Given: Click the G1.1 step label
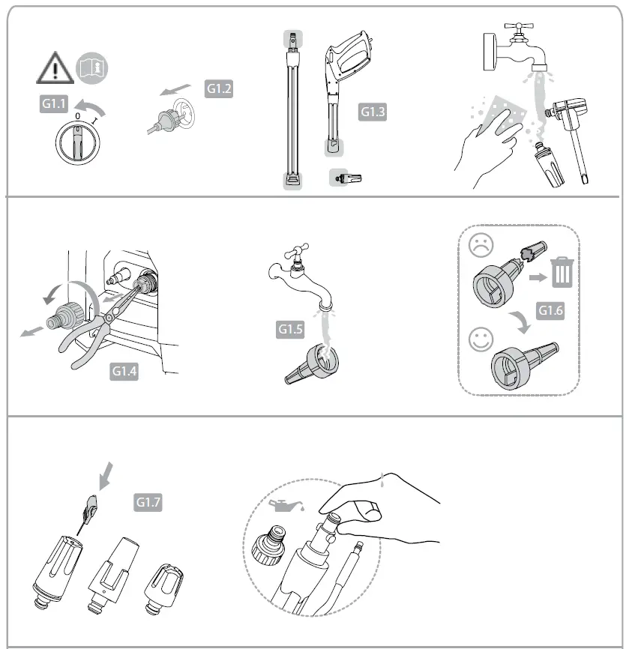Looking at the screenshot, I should coord(53,104).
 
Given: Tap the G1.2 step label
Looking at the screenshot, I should coord(220,88).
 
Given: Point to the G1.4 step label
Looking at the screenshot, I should coord(124,370).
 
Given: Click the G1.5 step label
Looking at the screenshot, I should coord(291,328).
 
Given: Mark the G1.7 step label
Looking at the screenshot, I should coord(148,503).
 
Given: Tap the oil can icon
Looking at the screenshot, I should coord(283,505).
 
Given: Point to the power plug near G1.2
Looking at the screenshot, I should coord(167,118).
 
